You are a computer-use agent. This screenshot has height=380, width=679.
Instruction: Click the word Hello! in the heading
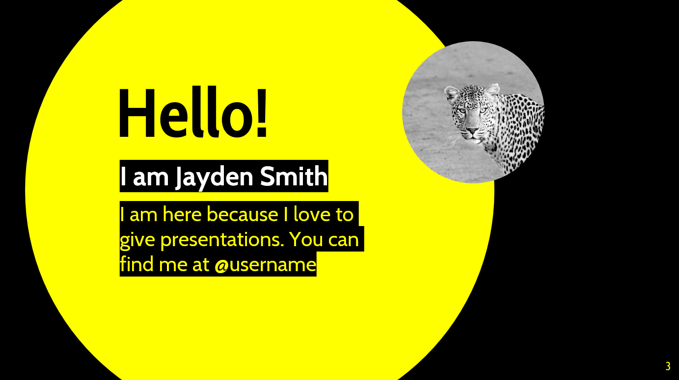point(193,112)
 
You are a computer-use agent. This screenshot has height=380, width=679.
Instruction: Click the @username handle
point(265,264)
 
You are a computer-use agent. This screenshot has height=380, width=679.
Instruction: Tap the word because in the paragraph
point(242,214)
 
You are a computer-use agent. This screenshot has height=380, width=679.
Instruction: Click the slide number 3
point(668,366)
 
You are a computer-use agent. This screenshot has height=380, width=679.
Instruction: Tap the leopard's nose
point(472,130)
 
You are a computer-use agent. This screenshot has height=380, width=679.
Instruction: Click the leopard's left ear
point(492,90)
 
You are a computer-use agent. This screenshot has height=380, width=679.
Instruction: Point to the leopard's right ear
point(451,93)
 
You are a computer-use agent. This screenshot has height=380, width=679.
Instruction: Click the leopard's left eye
point(483,110)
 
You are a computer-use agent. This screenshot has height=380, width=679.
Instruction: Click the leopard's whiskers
point(453,139)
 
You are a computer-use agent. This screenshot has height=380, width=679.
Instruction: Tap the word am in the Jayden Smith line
point(151,178)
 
